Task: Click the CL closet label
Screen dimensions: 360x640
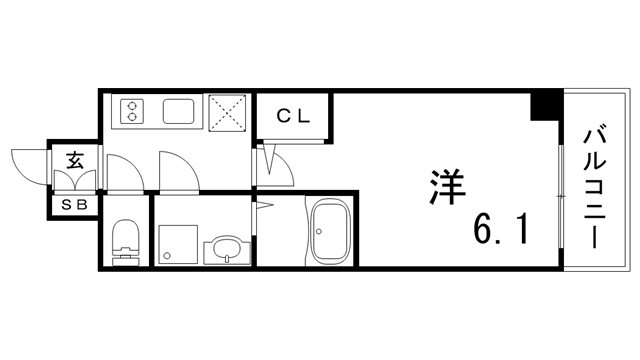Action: click(x=293, y=116)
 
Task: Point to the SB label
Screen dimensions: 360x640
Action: click(x=75, y=205)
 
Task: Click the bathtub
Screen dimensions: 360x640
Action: click(x=330, y=232)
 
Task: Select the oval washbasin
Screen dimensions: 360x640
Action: click(x=225, y=249)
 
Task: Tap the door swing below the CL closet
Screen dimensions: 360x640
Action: click(x=278, y=165)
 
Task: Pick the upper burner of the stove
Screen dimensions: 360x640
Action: click(x=130, y=104)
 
